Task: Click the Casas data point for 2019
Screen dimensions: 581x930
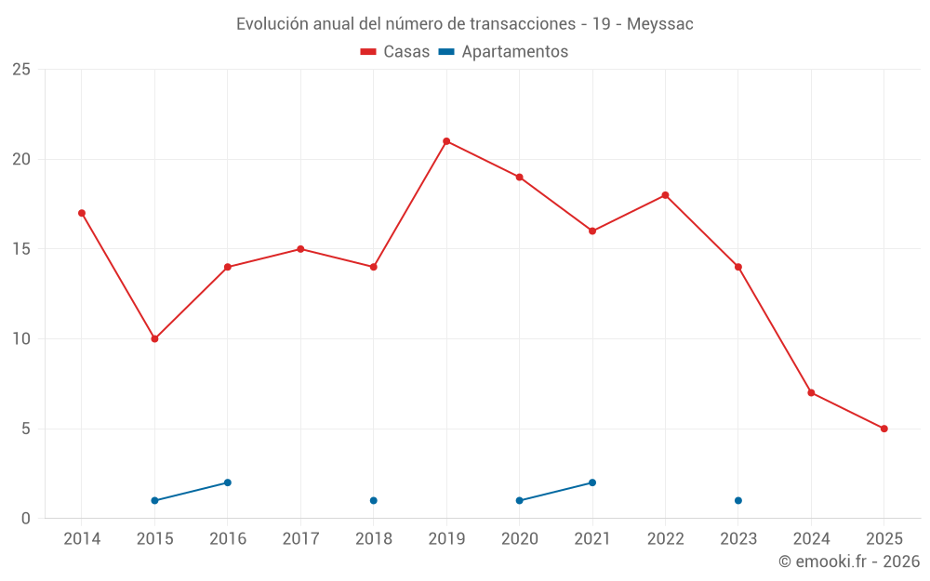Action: point(446,141)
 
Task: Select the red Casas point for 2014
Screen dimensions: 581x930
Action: point(82,213)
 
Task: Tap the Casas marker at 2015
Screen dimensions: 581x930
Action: point(154,338)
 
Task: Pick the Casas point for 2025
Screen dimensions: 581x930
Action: point(884,429)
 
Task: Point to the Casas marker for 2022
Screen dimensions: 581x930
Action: point(665,195)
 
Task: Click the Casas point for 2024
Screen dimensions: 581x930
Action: point(811,392)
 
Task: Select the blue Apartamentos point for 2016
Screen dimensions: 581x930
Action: point(227,482)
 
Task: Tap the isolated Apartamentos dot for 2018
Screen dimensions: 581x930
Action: point(373,500)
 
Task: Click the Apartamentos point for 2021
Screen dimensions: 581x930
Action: point(592,482)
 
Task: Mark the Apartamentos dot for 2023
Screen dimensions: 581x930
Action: point(738,500)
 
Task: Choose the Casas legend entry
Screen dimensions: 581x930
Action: point(395,52)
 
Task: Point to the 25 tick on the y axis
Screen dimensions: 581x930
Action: point(21,70)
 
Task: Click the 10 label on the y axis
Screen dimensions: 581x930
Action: point(21,339)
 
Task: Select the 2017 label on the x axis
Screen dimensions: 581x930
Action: point(300,538)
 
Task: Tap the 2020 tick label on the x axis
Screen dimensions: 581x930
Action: point(519,538)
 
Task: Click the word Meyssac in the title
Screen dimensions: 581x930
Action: point(660,24)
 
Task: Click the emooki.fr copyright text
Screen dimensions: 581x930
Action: point(849,561)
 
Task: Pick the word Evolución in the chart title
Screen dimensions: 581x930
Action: point(272,24)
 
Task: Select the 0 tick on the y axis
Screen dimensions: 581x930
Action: point(26,519)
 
